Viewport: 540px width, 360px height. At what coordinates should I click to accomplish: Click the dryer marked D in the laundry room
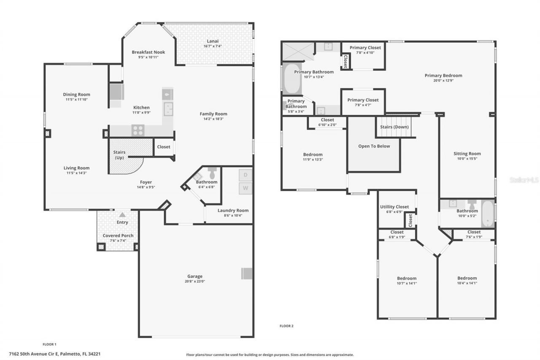[x=245, y=175]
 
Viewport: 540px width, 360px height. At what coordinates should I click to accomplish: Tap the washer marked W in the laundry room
[x=245, y=188]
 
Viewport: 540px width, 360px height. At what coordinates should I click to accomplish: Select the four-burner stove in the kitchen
[x=138, y=130]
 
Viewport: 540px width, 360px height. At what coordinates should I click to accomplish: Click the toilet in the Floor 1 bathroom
[x=212, y=173]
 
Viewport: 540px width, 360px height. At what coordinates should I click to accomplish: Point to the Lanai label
[x=213, y=41]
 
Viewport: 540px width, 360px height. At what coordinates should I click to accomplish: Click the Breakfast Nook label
[x=148, y=52]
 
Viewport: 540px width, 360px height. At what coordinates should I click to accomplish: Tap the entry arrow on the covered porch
[x=122, y=214]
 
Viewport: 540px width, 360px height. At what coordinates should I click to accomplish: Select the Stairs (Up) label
[x=119, y=155]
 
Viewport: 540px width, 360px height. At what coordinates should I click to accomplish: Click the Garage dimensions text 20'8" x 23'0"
[x=195, y=282]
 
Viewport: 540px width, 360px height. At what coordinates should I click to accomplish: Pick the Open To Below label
[x=374, y=146]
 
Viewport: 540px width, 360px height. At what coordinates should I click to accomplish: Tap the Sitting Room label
[x=467, y=154]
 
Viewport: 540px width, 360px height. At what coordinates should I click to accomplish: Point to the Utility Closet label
[x=394, y=207]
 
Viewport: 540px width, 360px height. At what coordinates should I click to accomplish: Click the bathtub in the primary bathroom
[x=292, y=79]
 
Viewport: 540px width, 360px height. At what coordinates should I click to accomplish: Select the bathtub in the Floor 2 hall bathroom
[x=487, y=214]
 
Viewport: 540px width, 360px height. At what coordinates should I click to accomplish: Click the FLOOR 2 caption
[x=286, y=326]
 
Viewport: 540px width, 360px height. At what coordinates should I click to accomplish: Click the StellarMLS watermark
[x=524, y=180]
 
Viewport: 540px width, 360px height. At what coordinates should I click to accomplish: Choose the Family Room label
[x=213, y=114]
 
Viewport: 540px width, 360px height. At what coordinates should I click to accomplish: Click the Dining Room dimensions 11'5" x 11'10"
[x=76, y=100]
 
